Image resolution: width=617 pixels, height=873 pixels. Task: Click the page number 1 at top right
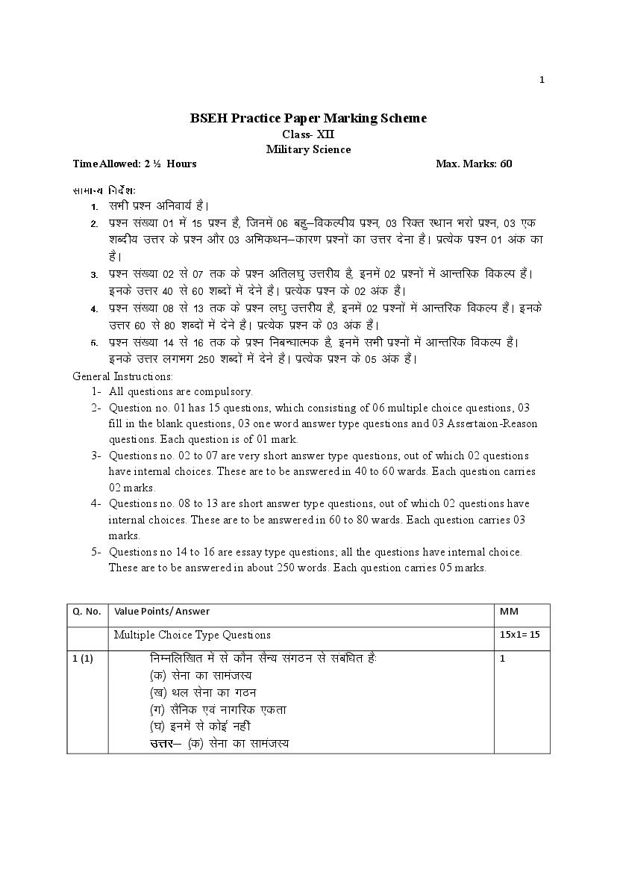pyautogui.click(x=542, y=80)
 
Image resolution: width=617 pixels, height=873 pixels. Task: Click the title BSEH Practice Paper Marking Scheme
pyautogui.click(x=308, y=118)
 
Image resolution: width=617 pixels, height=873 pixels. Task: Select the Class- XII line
pyautogui.click(x=308, y=134)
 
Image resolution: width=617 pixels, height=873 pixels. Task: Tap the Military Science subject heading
pyautogui.click(x=308, y=149)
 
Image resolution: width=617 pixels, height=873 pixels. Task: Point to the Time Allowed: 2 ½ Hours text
pyautogui.click(x=134, y=164)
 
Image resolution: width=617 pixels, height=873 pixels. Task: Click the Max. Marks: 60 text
pyautogui.click(x=474, y=164)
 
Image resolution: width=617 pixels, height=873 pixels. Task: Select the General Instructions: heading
pyautogui.click(x=122, y=376)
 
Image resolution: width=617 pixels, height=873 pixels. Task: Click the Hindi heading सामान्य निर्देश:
pyautogui.click(x=104, y=190)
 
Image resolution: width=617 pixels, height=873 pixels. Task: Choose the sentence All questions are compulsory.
pyautogui.click(x=181, y=391)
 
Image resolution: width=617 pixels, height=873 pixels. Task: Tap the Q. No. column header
pyautogui.click(x=87, y=612)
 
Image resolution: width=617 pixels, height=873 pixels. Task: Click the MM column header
pyautogui.click(x=508, y=612)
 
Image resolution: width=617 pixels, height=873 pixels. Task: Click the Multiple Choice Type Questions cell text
pyautogui.click(x=192, y=635)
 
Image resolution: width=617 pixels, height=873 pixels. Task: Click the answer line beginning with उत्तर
pyautogui.click(x=219, y=743)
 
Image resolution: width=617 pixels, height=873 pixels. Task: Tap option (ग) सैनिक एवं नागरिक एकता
pyautogui.click(x=218, y=709)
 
